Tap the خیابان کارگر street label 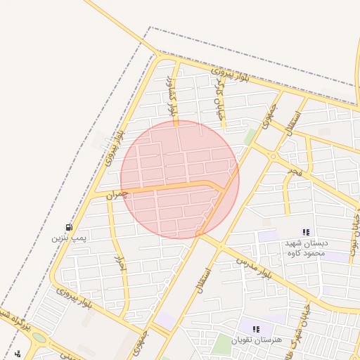pos(220,101)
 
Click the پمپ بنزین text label pos(68,238)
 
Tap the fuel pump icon pos(69,227)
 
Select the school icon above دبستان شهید pos(305,232)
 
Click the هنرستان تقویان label pos(259,340)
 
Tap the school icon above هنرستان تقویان pos(256,328)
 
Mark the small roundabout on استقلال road pos(271,157)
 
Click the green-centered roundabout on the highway pos(39,338)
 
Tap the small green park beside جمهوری pos(249,136)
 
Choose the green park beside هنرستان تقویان pos(223,344)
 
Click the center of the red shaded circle pos(180,179)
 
